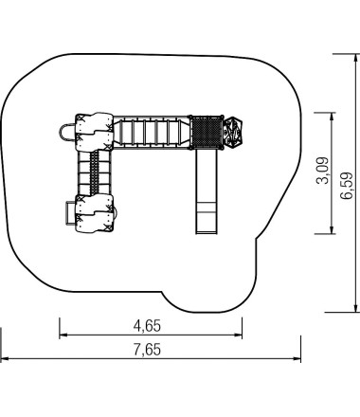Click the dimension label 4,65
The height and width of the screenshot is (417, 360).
pos(147,326)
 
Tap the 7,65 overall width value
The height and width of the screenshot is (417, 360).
pos(147,350)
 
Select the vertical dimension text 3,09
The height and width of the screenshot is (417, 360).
pos(322,171)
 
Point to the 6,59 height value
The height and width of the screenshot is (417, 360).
pos(346,186)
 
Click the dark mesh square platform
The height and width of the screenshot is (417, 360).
pos(207,133)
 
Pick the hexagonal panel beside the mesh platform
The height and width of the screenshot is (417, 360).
pos(234,133)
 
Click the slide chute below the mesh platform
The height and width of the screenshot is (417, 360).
pos(207,191)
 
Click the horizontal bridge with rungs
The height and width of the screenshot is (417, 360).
pos(152,133)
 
